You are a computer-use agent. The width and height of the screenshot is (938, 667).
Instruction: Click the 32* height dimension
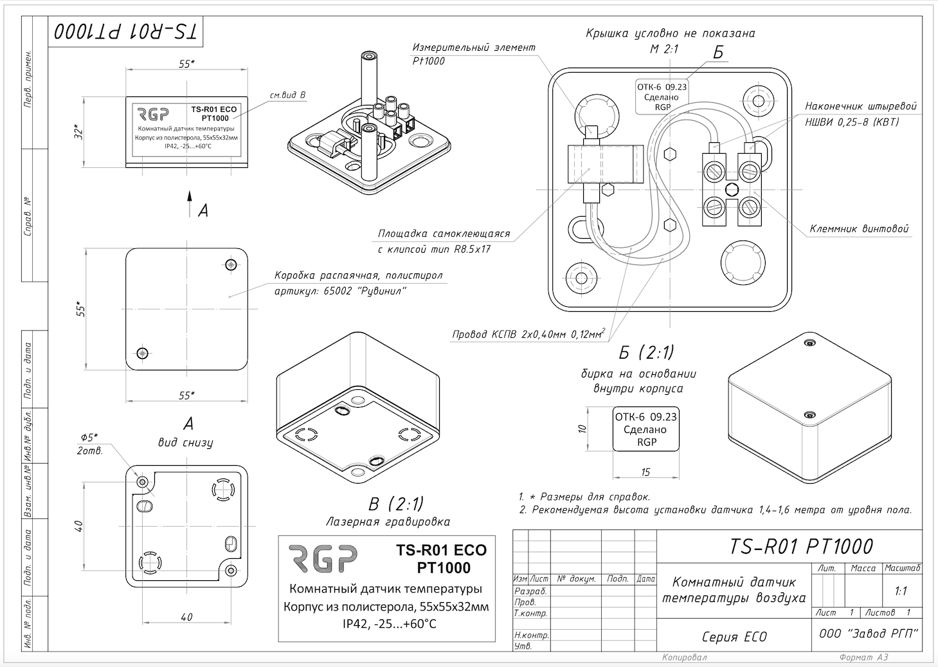(78, 132)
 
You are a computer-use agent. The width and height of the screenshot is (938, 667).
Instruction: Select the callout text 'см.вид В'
(287, 95)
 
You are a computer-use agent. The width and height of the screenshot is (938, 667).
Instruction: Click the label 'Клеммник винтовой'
(859, 229)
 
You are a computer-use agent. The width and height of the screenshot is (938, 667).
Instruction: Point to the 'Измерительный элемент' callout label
(473, 48)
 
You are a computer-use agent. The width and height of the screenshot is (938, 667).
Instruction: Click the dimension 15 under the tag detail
(645, 472)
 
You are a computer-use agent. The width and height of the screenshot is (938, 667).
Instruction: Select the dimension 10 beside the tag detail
(582, 429)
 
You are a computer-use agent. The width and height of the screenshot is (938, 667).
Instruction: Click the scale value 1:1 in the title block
(901, 590)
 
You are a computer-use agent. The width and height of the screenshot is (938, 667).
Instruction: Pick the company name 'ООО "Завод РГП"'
(868, 634)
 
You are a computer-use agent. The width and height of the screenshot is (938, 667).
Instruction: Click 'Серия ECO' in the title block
(734, 637)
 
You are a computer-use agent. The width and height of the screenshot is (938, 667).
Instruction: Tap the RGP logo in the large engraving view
(322, 559)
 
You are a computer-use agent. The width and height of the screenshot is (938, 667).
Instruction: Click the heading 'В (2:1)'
(386, 504)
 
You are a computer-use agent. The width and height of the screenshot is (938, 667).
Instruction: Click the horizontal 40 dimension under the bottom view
(186, 617)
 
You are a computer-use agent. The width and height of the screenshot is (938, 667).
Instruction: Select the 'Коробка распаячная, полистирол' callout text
(358, 275)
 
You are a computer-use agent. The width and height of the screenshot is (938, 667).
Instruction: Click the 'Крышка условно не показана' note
(670, 33)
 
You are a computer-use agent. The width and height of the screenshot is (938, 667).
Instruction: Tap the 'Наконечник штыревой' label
(861, 106)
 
